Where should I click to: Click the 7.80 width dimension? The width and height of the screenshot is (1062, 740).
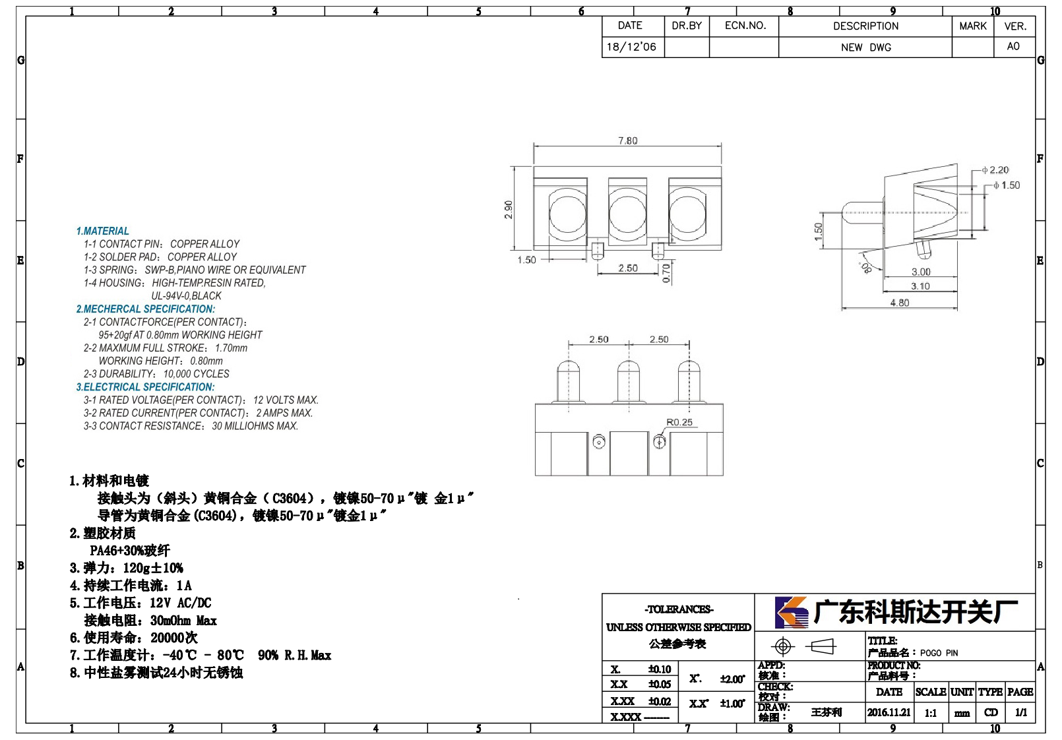point(628,140)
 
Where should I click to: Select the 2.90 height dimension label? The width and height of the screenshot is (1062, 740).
point(508,210)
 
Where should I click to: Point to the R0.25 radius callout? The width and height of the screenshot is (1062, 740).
point(679,422)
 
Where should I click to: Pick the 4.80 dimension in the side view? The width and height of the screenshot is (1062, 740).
point(899,303)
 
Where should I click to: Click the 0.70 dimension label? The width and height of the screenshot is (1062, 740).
point(666,274)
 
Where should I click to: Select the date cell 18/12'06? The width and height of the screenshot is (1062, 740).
point(631,47)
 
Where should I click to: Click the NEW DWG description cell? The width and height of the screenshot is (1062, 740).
point(865,47)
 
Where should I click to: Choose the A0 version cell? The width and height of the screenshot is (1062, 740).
point(1013,46)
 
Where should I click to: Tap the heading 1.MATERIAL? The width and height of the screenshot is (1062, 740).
point(102,231)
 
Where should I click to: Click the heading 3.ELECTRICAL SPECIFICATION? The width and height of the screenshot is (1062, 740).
point(145,387)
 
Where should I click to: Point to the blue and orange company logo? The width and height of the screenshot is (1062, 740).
point(792,612)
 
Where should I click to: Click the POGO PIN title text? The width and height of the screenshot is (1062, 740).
point(939,653)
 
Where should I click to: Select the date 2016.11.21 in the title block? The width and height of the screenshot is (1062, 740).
point(889,712)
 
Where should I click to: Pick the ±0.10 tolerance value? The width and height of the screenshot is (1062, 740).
point(660,669)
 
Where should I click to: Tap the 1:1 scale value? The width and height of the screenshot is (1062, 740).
point(931,713)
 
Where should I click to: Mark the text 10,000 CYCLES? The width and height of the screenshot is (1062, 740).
point(197,373)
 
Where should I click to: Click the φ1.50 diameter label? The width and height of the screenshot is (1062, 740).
point(1007,185)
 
